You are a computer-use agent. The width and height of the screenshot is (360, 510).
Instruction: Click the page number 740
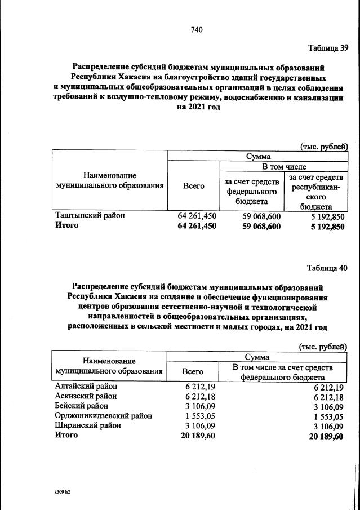pos(197,29)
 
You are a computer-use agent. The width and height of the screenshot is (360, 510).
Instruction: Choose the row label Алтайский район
pos(86,387)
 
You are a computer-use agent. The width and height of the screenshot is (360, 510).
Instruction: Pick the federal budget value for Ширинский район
pos(329,426)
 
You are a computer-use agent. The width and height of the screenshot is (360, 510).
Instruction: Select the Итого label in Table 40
pos(66,436)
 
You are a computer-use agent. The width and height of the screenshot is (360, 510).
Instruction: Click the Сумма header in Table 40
pos(257,357)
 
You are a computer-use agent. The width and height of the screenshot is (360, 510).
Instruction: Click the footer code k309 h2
pos(60,491)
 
